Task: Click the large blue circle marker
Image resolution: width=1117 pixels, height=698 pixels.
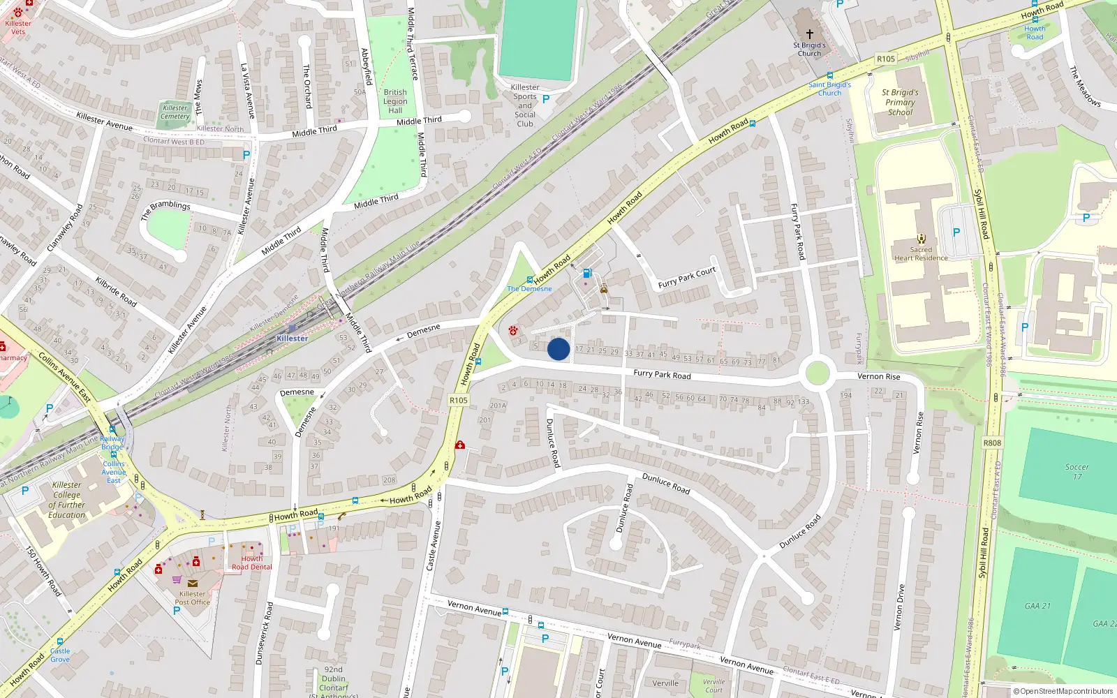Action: pyautogui.click(x=558, y=349)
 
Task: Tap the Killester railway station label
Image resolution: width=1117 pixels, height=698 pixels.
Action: pyautogui.click(x=292, y=339)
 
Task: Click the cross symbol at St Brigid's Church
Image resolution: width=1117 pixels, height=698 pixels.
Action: pyautogui.click(x=810, y=34)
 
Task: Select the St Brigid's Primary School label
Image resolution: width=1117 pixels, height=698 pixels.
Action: pyautogui.click(x=900, y=102)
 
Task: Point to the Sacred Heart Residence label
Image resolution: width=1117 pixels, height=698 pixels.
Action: pyautogui.click(x=921, y=254)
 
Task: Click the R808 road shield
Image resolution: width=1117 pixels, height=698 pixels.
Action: pyautogui.click(x=992, y=443)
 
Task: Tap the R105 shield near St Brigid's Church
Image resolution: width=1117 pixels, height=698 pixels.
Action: pyautogui.click(x=886, y=59)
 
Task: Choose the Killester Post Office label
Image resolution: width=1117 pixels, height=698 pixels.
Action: pyautogui.click(x=192, y=598)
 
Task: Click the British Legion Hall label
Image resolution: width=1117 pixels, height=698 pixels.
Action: pyautogui.click(x=395, y=101)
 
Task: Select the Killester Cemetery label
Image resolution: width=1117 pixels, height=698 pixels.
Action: pyautogui.click(x=175, y=112)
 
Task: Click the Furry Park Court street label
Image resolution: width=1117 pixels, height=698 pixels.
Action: pyautogui.click(x=687, y=277)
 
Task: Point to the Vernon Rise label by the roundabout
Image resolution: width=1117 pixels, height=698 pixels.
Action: pyautogui.click(x=878, y=376)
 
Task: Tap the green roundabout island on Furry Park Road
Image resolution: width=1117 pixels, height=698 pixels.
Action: pyautogui.click(x=817, y=373)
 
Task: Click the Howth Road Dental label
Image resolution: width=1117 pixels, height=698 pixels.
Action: pyautogui.click(x=252, y=563)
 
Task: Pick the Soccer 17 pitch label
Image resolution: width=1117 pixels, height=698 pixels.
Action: pyautogui.click(x=1077, y=472)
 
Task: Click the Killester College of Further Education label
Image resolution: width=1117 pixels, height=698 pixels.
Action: pyautogui.click(x=67, y=500)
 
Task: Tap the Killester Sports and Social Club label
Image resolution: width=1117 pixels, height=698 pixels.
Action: pyautogui.click(x=525, y=105)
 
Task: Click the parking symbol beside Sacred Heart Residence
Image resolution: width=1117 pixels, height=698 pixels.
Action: pyautogui.click(x=956, y=232)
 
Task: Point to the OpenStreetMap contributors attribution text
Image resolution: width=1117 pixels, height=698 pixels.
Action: pyautogui.click(x=1063, y=691)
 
